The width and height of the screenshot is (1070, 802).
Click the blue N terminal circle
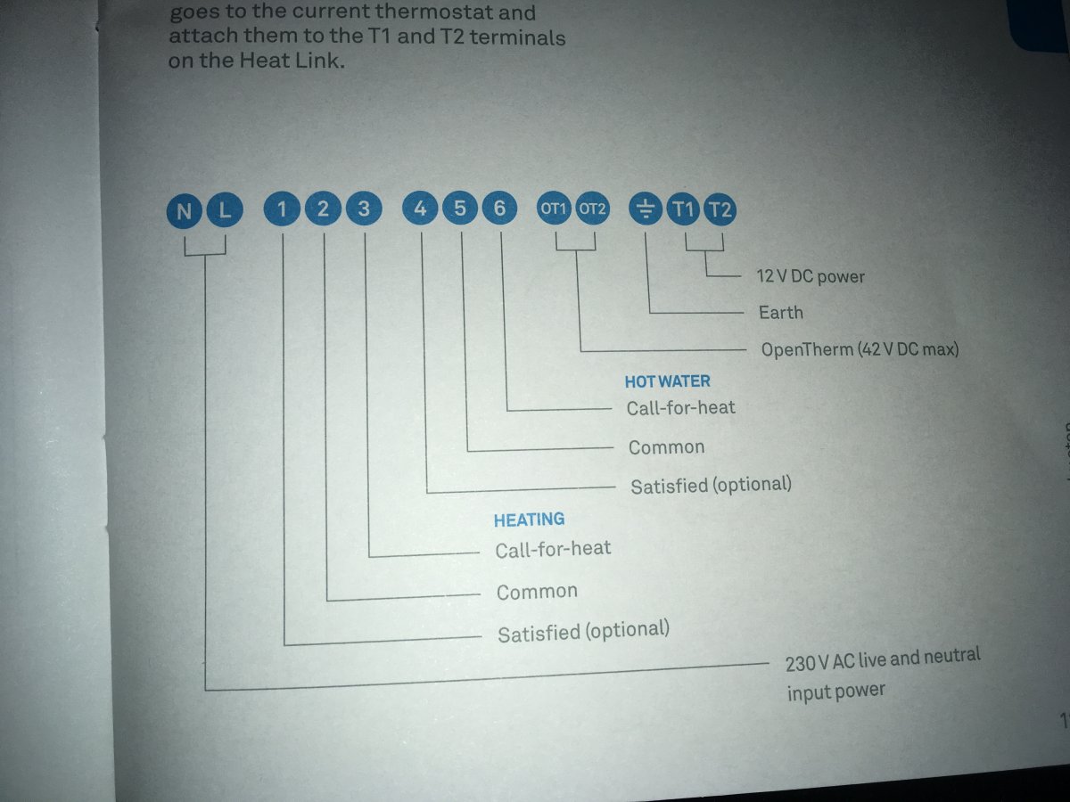(184, 211)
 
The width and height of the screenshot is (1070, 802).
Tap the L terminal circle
(225, 210)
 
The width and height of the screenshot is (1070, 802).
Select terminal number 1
(282, 209)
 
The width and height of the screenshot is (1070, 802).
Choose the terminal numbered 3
(364, 209)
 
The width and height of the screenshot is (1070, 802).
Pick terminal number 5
(460, 208)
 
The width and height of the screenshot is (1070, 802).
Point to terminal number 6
(499, 208)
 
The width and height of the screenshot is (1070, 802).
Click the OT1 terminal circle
(554, 209)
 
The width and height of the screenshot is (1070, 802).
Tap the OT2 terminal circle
(592, 209)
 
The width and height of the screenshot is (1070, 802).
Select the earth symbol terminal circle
(646, 209)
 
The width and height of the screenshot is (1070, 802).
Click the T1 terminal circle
(683, 210)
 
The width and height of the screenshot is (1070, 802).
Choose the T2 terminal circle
(720, 210)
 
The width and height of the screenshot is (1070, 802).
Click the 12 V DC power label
(811, 276)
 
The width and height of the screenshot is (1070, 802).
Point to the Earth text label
(781, 313)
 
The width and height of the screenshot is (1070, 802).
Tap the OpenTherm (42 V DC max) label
(860, 349)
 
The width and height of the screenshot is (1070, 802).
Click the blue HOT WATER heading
(667, 381)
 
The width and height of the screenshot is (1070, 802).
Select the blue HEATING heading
(530, 520)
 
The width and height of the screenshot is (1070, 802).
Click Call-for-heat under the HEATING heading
(553, 549)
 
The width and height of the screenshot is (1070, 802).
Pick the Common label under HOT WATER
(666, 447)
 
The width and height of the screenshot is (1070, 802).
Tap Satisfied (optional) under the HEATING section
(583, 632)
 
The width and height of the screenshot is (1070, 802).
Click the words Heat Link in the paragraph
(292, 61)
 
